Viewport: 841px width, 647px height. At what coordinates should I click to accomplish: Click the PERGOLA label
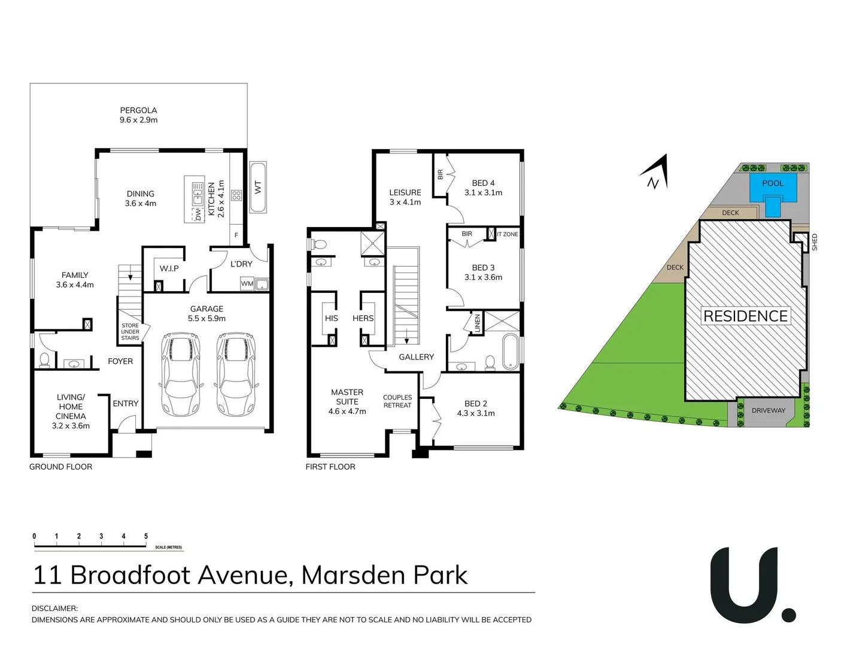pos(138,110)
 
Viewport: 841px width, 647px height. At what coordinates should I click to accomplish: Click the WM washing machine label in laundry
pos(247,283)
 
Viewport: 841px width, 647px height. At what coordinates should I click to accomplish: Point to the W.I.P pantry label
pos(169,268)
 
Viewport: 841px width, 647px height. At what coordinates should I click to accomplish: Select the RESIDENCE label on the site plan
pos(745,316)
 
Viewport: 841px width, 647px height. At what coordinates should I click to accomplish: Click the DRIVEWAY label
pos(768,410)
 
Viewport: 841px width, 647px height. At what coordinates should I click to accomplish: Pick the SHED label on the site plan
pos(814,242)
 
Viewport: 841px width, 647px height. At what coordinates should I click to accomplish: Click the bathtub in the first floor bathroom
pos(510,351)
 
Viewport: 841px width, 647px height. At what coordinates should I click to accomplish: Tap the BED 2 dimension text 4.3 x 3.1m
pos(476,413)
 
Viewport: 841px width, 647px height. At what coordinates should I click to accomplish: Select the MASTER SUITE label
pos(347,397)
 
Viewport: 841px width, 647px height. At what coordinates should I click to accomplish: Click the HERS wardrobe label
pos(363,318)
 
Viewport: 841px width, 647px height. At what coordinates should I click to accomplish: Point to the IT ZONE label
pos(507,234)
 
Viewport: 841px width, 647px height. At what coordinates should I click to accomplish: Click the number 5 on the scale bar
pos(146,536)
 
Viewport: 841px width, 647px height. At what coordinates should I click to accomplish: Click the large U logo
pos(746,584)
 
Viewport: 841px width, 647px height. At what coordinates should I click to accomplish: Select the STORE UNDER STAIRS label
pos(130,332)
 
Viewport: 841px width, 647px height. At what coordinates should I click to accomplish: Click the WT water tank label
pos(258,187)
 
